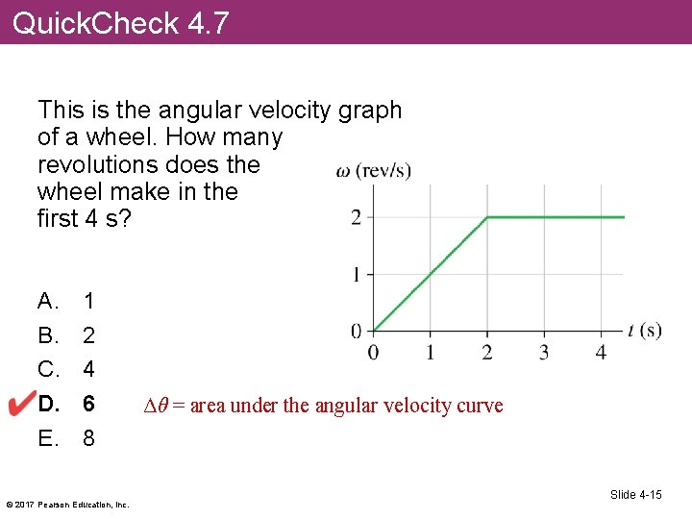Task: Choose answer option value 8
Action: (88, 439)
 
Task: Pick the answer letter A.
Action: (47, 302)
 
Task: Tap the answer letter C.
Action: (47, 369)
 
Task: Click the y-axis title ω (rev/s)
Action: (373, 172)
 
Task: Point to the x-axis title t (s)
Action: (644, 331)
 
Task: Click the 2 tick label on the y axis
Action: (356, 217)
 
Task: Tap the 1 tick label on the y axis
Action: (356, 275)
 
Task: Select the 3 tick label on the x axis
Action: (544, 352)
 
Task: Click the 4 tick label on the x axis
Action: (601, 352)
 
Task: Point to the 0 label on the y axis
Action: (356, 332)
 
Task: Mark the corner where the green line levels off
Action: (487, 217)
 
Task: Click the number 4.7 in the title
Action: (208, 22)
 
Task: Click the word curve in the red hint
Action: (481, 406)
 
